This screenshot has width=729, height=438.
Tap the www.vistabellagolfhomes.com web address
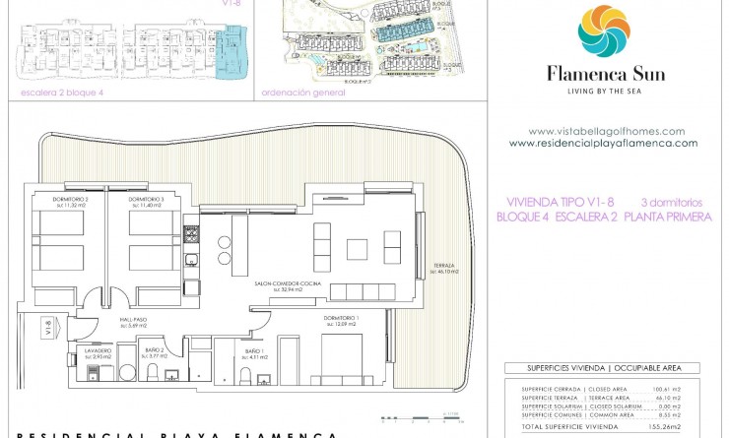tap(606, 131)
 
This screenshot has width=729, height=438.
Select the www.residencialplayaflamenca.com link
tap(603, 143)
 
